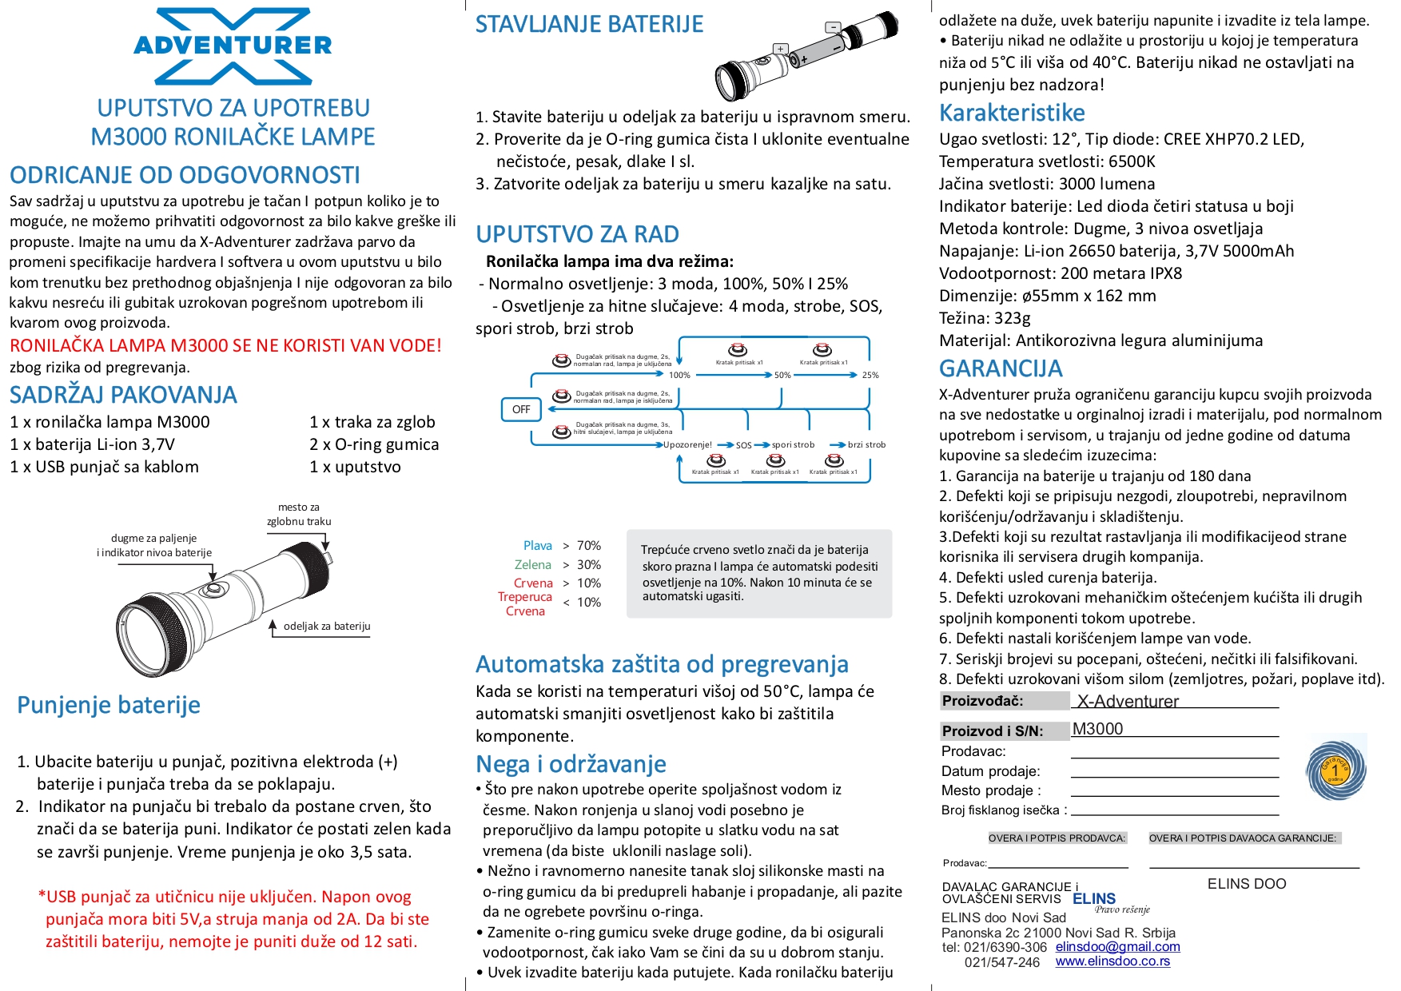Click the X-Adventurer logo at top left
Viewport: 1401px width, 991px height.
tap(233, 46)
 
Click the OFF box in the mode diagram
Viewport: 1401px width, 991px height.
tap(521, 409)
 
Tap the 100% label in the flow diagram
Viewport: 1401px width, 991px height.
tap(679, 375)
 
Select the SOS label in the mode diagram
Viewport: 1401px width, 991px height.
tap(743, 445)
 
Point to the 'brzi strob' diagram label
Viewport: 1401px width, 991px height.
tap(866, 444)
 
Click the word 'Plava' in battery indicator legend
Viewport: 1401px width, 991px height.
tap(537, 546)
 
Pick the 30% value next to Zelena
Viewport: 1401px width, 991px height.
tap(589, 564)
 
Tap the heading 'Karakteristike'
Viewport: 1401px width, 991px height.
tap(1012, 113)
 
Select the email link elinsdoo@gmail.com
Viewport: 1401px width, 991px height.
tap(1117, 946)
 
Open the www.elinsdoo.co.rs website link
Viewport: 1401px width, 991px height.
tap(1112, 961)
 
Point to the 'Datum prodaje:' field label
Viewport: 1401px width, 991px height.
tap(990, 771)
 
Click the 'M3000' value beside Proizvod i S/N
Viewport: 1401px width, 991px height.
tap(1097, 729)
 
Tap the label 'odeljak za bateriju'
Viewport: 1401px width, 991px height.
tap(327, 627)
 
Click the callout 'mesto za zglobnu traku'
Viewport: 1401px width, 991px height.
tap(299, 515)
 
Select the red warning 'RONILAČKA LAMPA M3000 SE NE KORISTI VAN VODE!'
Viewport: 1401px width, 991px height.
tap(225, 346)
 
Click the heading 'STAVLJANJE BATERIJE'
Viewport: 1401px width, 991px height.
tap(589, 25)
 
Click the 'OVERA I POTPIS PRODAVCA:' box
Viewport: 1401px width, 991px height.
tap(1057, 838)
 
